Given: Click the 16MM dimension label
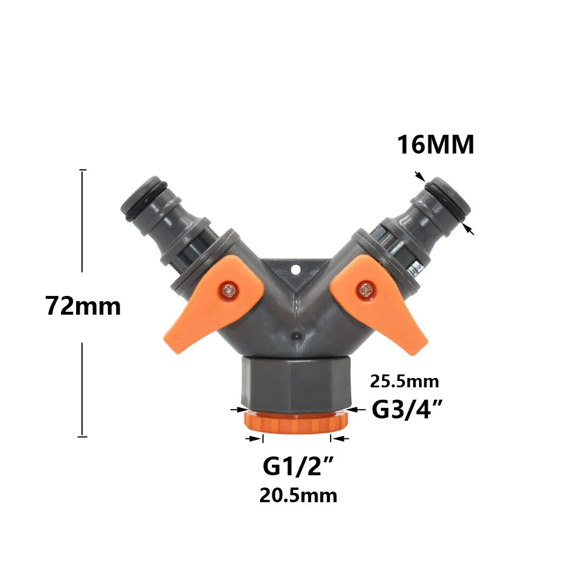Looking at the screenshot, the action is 436,145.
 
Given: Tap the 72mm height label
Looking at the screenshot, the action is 83,306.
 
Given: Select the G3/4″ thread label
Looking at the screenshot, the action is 407,409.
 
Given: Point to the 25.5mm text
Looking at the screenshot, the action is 404,381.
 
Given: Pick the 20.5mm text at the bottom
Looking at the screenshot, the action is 298,496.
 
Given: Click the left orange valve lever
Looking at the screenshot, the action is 213,303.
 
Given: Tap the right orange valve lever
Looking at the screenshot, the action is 378,304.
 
